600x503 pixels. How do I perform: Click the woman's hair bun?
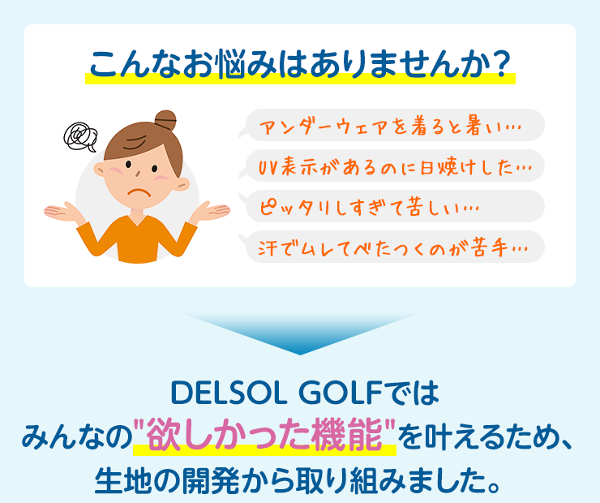165,121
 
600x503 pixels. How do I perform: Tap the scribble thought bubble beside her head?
80,136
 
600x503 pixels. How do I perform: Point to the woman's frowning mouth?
139,191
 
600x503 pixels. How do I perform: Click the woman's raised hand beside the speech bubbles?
210,211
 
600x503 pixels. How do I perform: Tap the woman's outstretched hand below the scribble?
63,213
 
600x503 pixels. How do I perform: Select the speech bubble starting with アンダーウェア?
392,125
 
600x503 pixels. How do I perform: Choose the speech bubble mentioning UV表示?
392,166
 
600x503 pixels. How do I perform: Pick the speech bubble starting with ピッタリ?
392,206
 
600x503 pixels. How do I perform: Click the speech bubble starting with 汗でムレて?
392,247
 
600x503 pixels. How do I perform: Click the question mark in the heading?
500,64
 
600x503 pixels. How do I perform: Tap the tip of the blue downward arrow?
300,355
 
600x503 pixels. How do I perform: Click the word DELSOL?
229,393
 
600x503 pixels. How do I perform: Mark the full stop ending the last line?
494,488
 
